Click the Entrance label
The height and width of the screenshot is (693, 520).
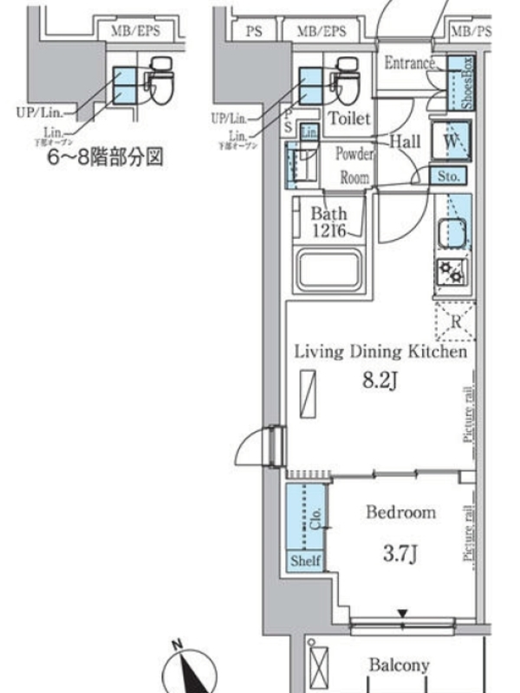[x=409, y=62]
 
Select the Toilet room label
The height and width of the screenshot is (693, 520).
[x=349, y=119]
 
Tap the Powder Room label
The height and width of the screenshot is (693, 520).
[x=354, y=165]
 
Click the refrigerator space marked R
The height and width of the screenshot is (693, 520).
[x=454, y=322]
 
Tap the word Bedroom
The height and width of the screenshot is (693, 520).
[x=400, y=513]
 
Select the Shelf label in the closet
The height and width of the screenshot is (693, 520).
[x=305, y=561]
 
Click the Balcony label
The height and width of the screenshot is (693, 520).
[x=399, y=665]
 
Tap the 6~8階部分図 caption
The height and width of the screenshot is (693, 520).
[x=106, y=159]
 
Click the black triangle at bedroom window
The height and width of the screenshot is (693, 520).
[x=403, y=614]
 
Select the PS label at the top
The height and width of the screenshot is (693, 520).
[x=253, y=31]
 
